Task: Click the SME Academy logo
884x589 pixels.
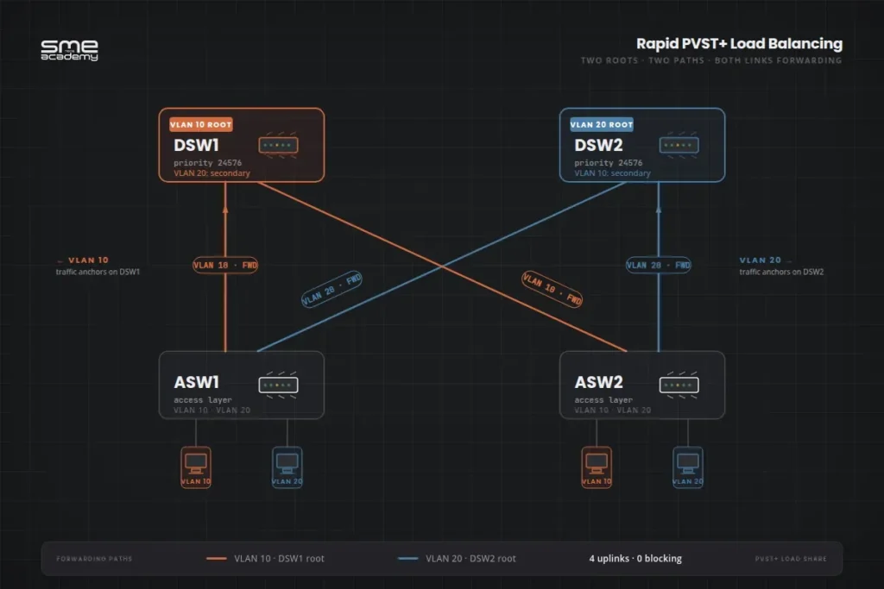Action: tap(70, 50)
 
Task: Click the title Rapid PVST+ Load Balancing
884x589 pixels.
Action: tap(739, 44)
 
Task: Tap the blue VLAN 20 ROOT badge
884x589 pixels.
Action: tap(601, 125)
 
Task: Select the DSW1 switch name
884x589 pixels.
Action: tap(198, 146)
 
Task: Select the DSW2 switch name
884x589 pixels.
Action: tap(599, 146)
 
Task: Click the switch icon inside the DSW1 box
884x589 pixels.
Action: tap(278, 146)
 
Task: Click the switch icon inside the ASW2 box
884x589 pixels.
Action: tap(679, 385)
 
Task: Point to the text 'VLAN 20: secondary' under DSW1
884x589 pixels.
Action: tap(212, 173)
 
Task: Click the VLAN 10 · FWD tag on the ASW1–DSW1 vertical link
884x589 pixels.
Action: tap(225, 266)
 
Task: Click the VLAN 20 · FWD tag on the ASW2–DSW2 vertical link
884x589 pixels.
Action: tap(658, 266)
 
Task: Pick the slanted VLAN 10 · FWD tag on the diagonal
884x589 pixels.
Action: tap(552, 289)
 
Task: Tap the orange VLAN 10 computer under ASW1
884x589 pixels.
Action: tap(196, 467)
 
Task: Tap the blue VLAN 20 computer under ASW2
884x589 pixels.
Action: tap(687, 467)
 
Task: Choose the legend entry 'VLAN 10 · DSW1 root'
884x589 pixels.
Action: tap(279, 559)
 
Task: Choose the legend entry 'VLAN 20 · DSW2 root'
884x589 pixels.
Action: tap(470, 559)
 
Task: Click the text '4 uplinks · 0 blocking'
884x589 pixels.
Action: tap(635, 559)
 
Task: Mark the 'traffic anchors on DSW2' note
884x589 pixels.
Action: tap(781, 273)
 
